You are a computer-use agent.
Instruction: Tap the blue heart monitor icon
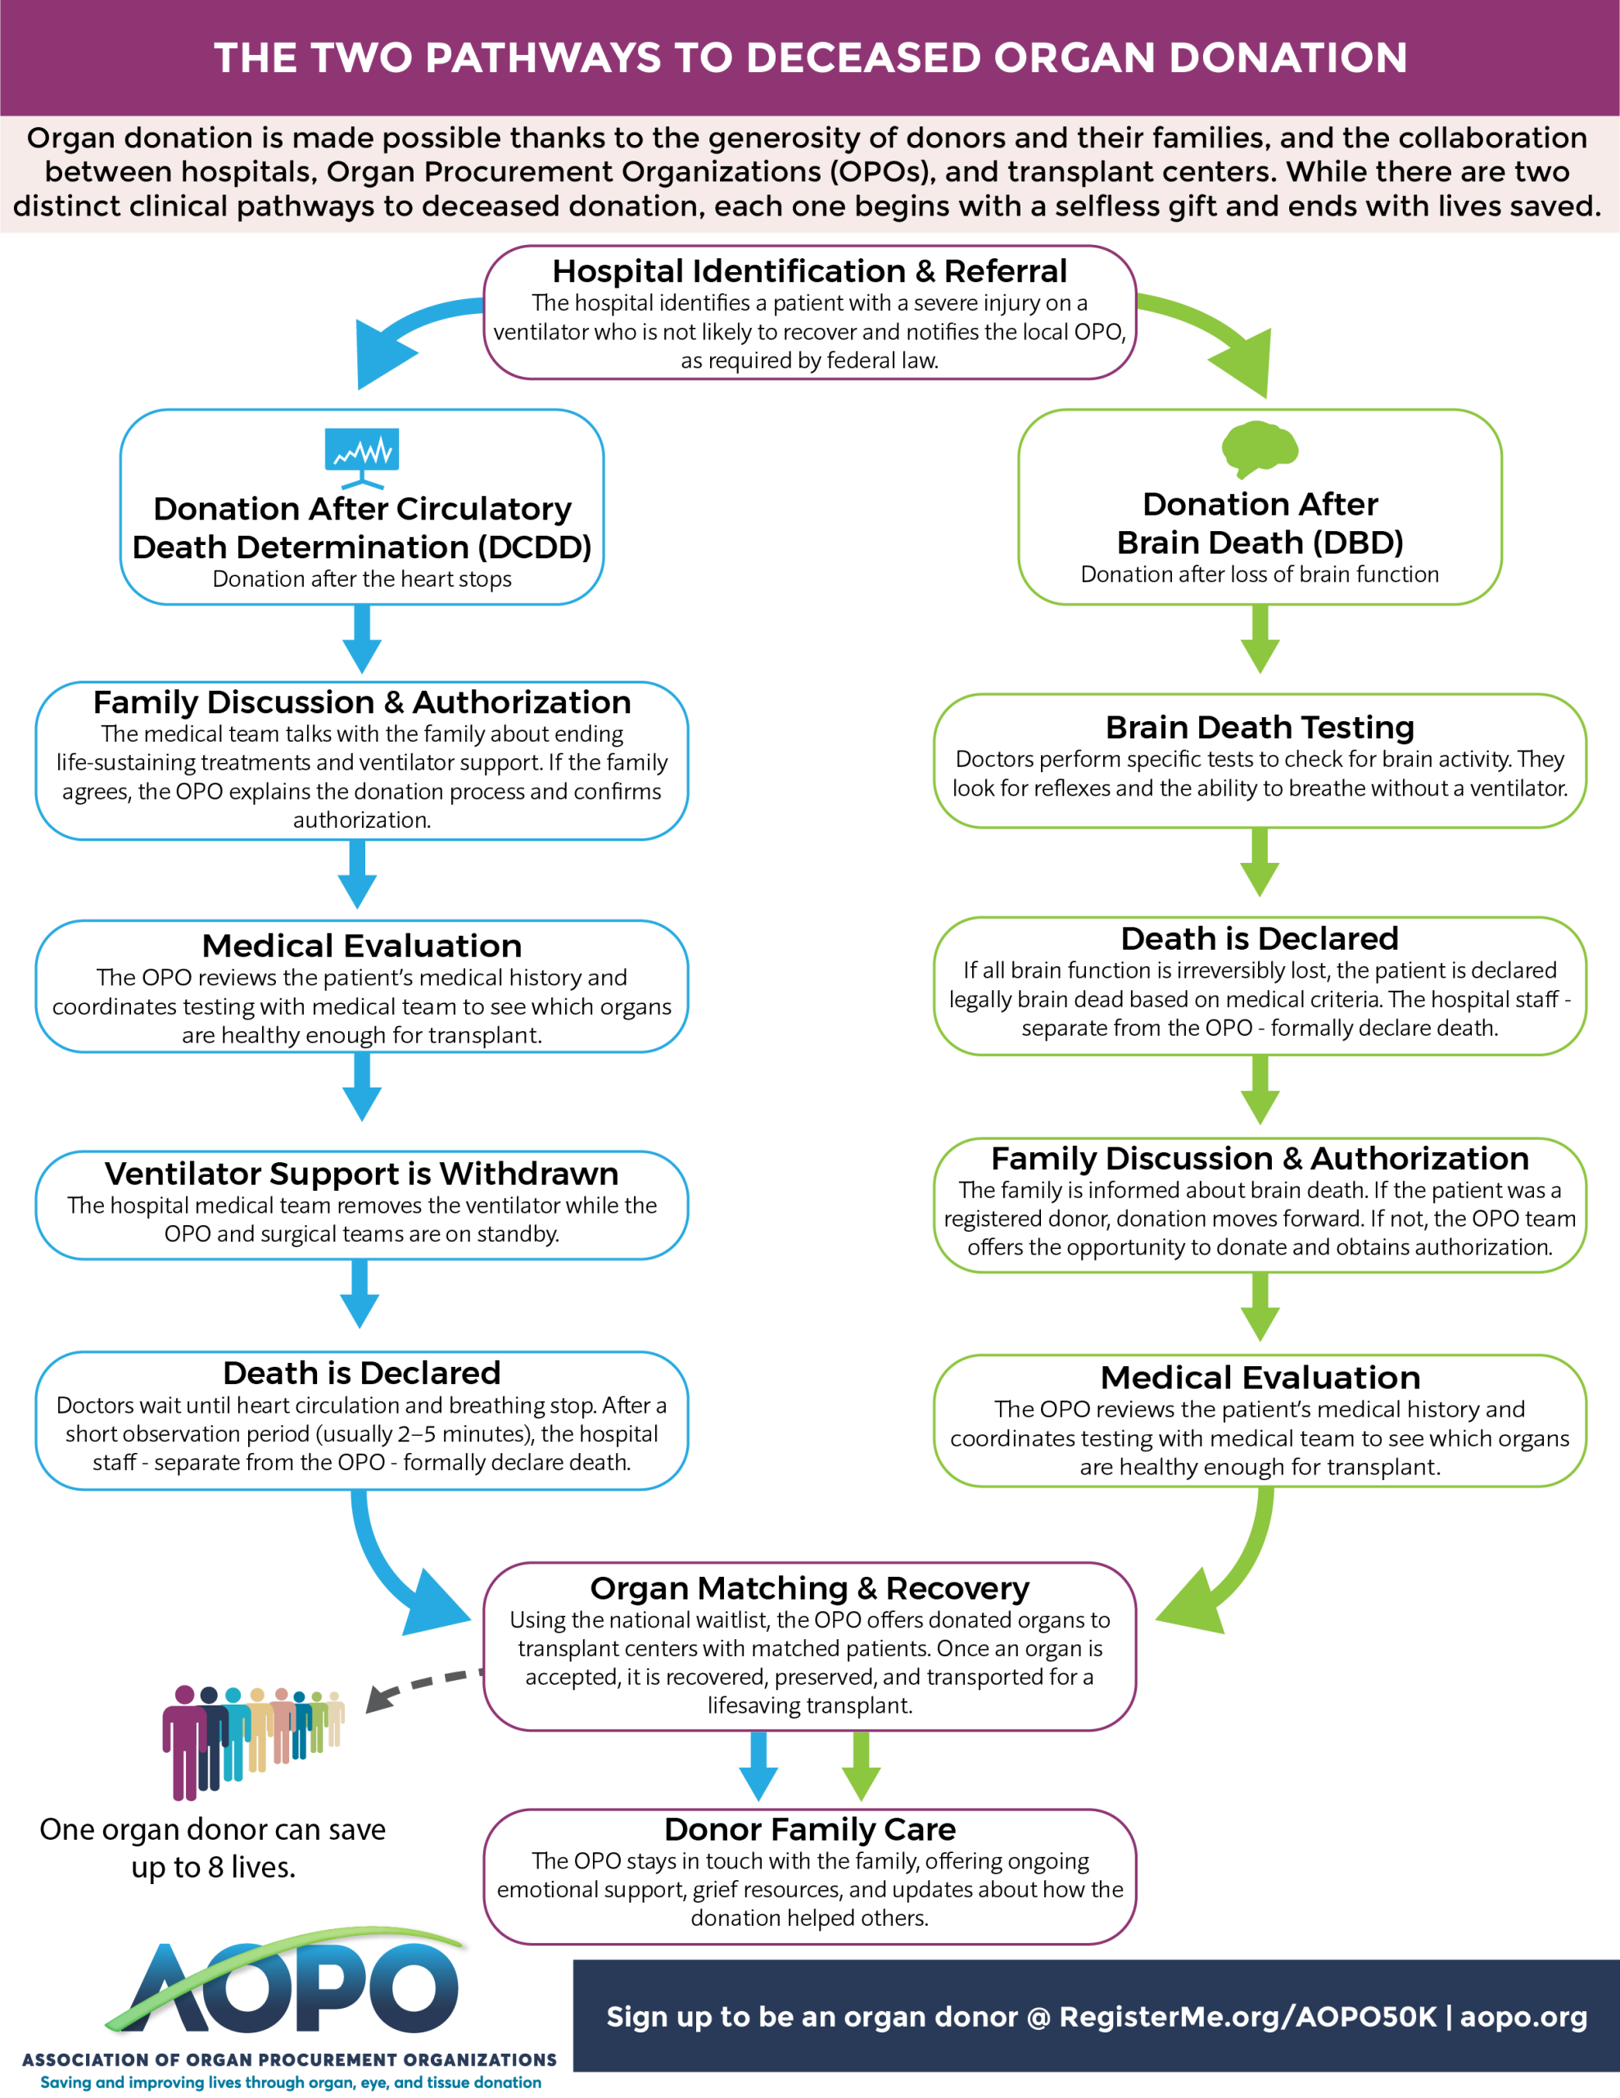tap(362, 457)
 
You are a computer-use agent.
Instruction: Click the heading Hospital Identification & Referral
tap(809, 271)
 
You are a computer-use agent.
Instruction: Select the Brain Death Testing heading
tap(1260, 727)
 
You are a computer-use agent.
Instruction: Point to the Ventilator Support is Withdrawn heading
tap(362, 1173)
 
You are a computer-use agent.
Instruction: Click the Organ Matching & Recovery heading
tap(809, 1588)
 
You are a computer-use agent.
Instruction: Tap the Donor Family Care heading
tap(809, 1829)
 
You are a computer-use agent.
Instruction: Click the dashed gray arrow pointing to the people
tap(424, 1687)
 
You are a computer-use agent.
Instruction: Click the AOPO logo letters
tap(293, 1987)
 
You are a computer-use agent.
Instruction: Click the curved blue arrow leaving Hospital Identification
tap(403, 331)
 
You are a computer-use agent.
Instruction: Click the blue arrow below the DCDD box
tap(362, 638)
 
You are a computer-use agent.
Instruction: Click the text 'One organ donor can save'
tap(212, 1829)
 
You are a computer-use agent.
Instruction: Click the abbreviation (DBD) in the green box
tap(1356, 543)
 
